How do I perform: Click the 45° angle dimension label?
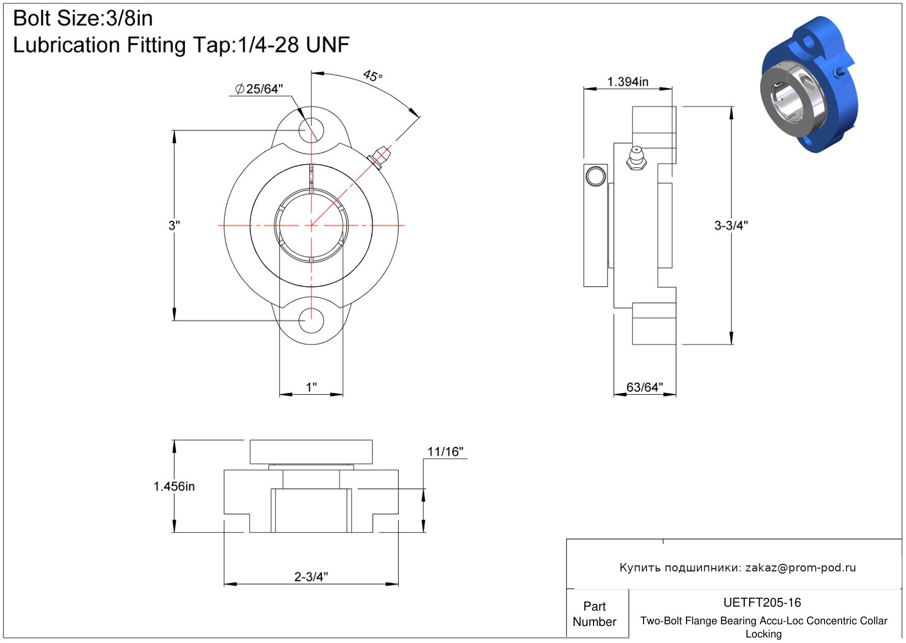[372, 75]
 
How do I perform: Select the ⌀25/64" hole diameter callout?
[259, 89]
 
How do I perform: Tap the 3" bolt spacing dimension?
[174, 225]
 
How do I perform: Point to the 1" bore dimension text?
[311, 387]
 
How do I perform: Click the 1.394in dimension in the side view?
[628, 81]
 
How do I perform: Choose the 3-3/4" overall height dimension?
[731, 225]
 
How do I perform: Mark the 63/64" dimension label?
[645, 387]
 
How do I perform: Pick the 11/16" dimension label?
[446, 451]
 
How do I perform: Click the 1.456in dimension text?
[174, 487]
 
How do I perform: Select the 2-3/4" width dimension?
[311, 576]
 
